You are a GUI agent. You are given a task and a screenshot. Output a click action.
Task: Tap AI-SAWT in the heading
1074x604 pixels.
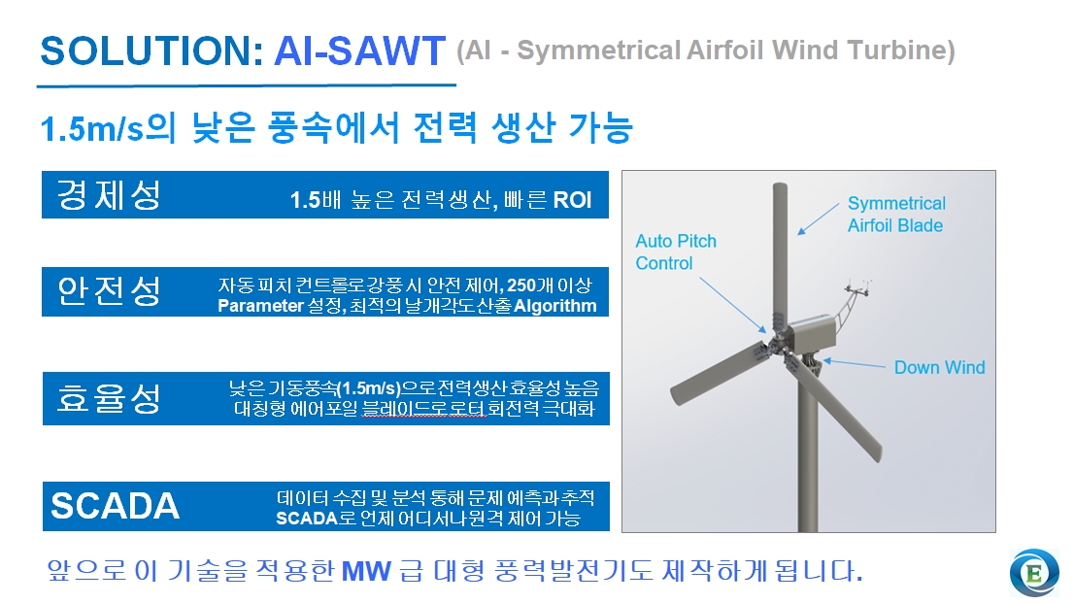359,51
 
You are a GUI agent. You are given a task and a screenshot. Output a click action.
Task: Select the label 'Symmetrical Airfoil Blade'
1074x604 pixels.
896,215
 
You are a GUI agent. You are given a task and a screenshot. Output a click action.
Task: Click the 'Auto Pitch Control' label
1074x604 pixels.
675,252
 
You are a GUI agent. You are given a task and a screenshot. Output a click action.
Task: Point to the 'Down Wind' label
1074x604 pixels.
939,368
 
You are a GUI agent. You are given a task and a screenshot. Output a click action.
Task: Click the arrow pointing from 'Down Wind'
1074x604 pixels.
855,363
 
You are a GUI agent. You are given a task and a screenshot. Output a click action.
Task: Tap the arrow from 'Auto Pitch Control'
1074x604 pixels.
733,306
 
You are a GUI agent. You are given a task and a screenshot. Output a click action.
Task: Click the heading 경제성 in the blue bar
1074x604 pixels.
109,195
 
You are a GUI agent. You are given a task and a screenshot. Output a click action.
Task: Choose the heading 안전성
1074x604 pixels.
109,291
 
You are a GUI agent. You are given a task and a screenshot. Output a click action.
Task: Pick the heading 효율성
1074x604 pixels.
109,398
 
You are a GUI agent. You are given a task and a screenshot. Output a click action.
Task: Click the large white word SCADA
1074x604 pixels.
115,506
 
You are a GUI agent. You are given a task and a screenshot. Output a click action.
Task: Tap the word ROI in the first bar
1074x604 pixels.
572,200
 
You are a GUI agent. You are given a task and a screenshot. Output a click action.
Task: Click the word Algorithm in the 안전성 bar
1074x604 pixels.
554,306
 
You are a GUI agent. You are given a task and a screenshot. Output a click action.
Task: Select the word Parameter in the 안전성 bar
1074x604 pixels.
260,306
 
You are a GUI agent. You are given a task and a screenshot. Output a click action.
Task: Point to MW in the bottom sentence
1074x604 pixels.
366,571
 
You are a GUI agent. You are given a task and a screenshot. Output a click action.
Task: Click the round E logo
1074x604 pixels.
1034,573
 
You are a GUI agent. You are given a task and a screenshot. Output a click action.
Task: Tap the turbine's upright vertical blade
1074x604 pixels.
779,254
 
